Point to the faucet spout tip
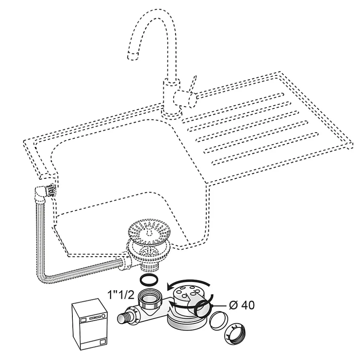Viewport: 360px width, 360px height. pyautogui.click(x=132, y=56)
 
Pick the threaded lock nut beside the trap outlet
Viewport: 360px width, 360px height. pyautogui.click(x=237, y=333)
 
